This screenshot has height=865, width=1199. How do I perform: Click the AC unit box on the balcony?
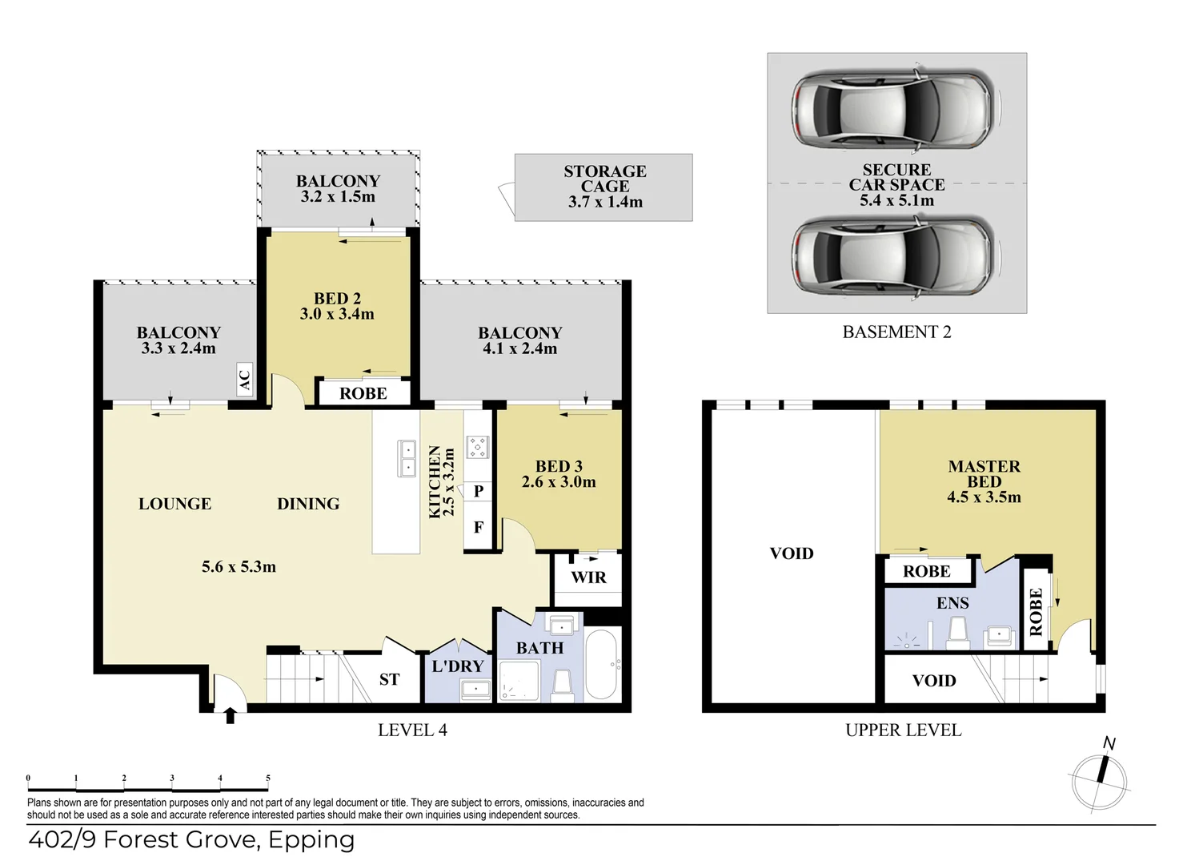click(x=245, y=380)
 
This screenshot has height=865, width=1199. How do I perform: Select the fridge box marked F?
click(x=478, y=527)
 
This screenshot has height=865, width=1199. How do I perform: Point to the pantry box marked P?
click(x=478, y=491)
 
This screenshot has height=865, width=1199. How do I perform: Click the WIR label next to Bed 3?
click(x=589, y=577)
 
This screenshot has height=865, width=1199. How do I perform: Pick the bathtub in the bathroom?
click(x=603, y=665)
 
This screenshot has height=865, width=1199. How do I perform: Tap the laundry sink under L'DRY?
click(x=476, y=689)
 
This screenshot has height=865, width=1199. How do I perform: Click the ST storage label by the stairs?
click(x=389, y=680)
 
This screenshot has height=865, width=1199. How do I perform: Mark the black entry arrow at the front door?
click(x=231, y=715)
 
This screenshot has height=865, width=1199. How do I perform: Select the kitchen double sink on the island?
click(x=407, y=458)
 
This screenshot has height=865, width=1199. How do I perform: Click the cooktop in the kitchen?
click(x=478, y=447)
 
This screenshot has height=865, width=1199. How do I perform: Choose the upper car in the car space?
click(x=896, y=109)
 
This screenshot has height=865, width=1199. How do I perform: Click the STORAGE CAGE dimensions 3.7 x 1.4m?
click(x=605, y=202)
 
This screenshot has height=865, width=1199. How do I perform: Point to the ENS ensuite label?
click(x=952, y=604)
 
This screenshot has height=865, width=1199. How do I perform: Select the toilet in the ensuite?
click(x=957, y=633)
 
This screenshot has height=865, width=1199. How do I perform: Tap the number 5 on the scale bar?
click(x=268, y=778)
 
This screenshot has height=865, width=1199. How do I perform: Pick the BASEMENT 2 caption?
click(x=897, y=332)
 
